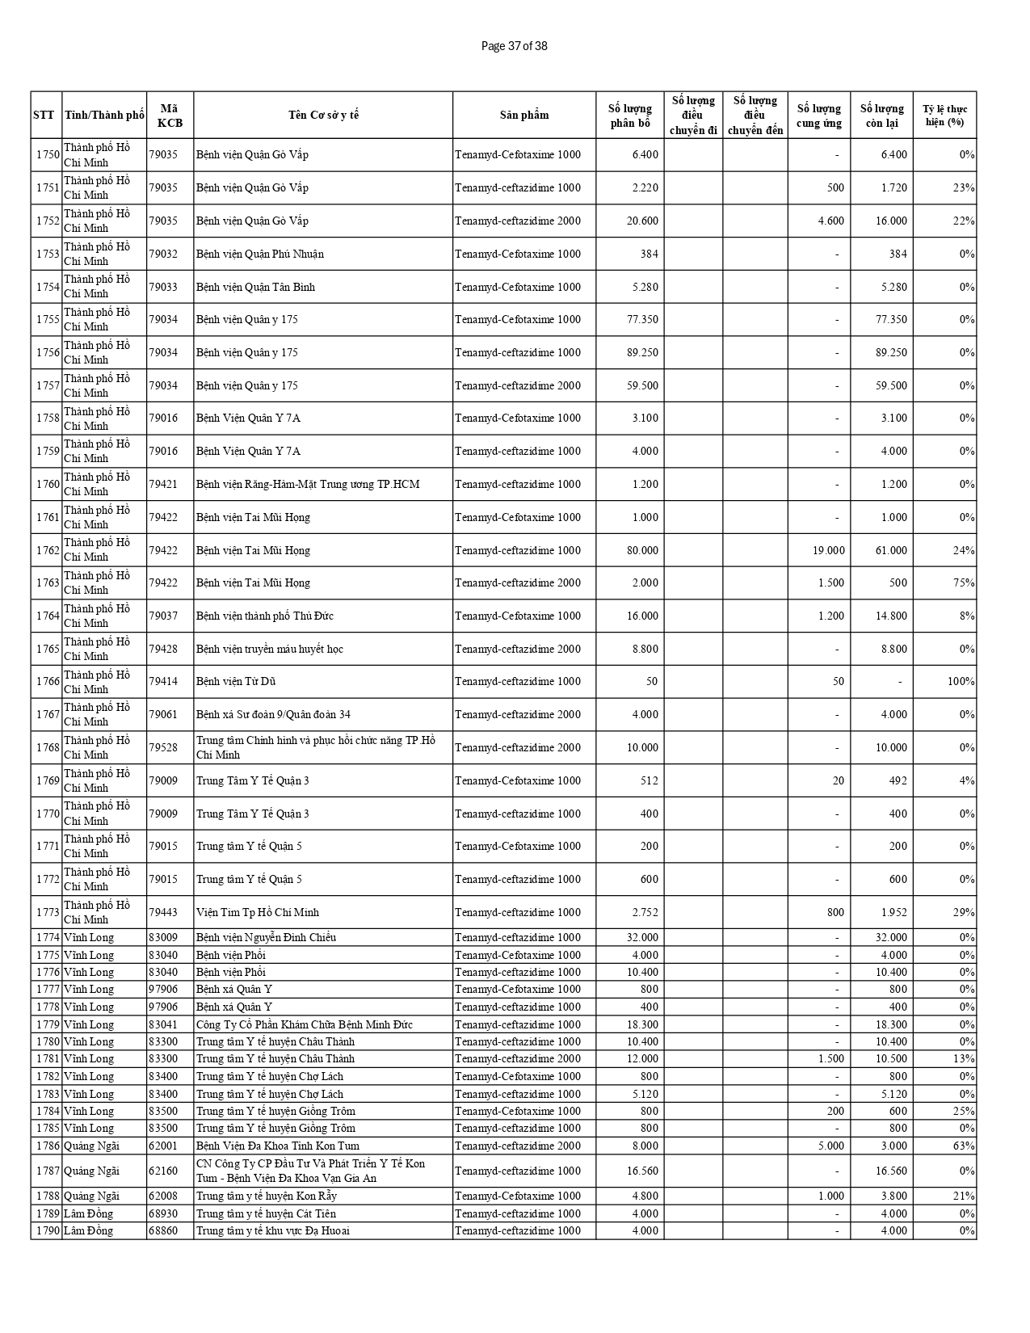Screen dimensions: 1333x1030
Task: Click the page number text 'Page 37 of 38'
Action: coord(514,46)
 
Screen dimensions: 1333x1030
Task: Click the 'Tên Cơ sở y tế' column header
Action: coord(323,115)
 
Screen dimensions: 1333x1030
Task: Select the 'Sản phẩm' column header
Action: coord(523,115)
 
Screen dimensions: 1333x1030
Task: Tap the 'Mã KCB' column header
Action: coord(170,115)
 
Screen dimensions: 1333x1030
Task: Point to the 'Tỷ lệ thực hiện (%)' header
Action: coord(944,115)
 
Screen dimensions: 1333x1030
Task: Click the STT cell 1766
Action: coord(48,682)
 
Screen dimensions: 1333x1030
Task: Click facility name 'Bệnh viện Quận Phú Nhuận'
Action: coord(260,254)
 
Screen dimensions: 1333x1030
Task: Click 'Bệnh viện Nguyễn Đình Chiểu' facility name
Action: coord(266,937)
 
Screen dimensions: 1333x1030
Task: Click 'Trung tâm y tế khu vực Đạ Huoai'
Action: coord(273,1230)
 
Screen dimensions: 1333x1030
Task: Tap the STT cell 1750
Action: coord(48,154)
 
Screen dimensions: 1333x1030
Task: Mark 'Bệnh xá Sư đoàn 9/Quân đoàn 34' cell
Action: coord(273,714)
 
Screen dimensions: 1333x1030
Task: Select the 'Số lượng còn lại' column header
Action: coord(881,115)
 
